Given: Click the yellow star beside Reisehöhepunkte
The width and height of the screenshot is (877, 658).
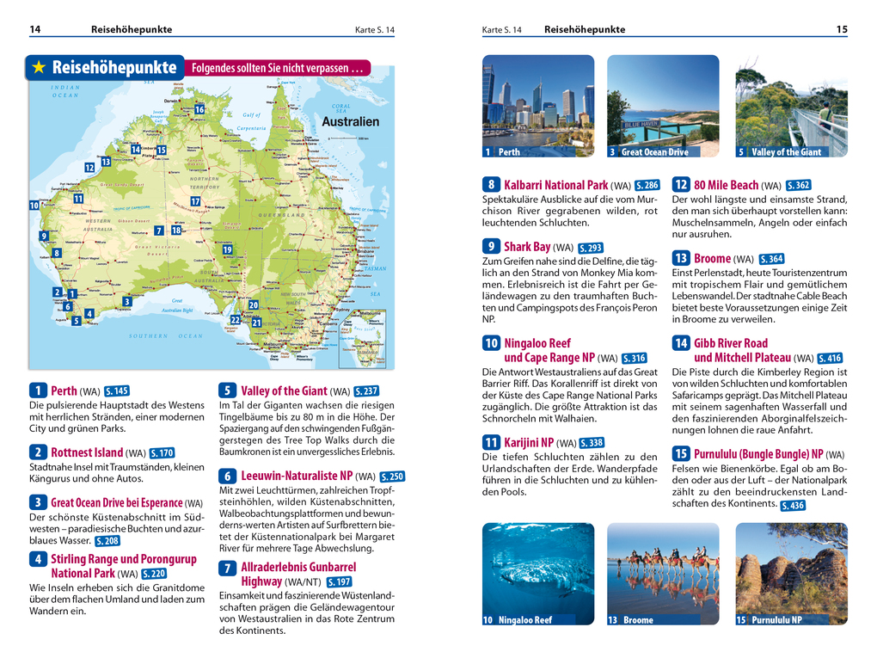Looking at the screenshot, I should (x=39, y=67).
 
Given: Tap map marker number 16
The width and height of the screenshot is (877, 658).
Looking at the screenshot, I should (x=199, y=109).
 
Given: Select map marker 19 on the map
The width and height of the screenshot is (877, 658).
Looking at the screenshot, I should (x=227, y=249).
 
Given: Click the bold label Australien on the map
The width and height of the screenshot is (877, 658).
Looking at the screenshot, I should (x=350, y=121).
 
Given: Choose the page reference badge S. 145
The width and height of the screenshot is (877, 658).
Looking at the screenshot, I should (x=115, y=391).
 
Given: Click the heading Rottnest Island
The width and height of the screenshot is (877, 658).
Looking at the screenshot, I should (x=87, y=452).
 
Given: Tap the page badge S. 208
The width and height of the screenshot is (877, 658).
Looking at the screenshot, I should (x=107, y=541).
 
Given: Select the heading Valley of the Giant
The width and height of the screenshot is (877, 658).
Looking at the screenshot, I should (x=284, y=391).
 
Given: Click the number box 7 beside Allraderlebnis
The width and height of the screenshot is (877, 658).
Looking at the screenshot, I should (x=227, y=568).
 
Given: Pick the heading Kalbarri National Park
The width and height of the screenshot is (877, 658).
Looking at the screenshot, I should (x=555, y=185).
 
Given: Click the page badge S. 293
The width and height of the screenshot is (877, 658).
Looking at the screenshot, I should (x=590, y=248).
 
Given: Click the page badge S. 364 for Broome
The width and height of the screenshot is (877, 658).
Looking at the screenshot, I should (x=771, y=259).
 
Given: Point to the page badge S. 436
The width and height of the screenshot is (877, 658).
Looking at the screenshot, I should (x=793, y=506).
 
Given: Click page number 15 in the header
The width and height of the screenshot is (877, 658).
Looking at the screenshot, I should (x=841, y=29).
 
